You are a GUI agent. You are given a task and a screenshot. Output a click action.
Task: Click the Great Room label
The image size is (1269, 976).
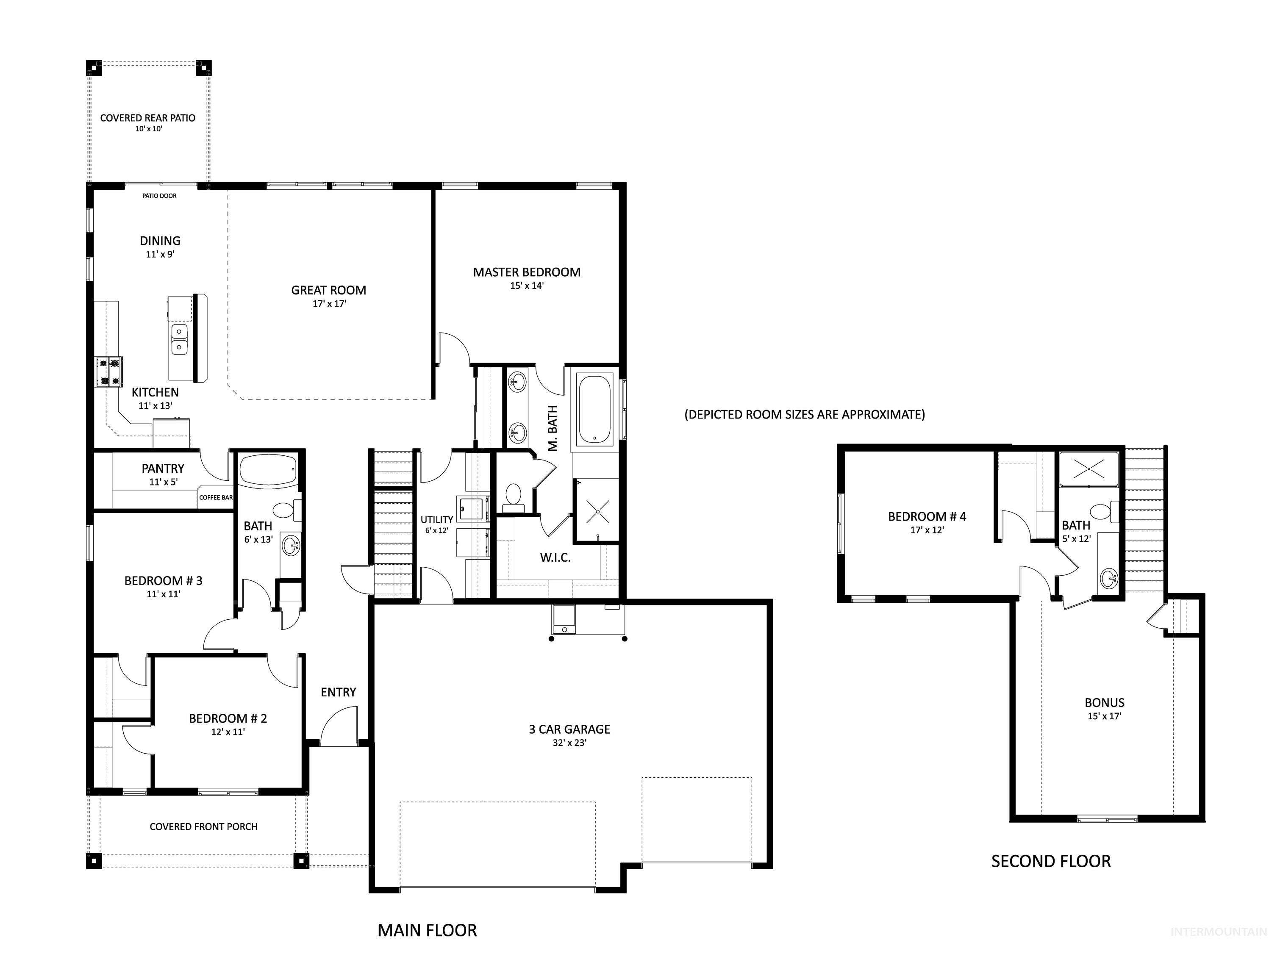[x=328, y=290]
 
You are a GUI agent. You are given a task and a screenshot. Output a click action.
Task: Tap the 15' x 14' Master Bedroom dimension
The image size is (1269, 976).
[x=526, y=286]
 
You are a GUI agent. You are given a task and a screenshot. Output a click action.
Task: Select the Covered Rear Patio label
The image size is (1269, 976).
[x=147, y=118]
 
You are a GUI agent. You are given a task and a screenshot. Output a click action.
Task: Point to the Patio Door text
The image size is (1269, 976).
[x=159, y=196]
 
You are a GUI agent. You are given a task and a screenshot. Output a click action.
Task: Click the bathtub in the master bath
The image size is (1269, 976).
[x=594, y=410]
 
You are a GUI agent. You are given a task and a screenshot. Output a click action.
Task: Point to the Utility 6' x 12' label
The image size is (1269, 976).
[x=436, y=524]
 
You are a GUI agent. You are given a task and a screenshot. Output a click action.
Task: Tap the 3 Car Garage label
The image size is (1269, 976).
[x=569, y=729]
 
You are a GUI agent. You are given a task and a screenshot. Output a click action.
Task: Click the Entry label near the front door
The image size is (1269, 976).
[x=338, y=692]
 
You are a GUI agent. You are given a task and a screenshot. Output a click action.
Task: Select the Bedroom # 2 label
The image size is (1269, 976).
[x=228, y=718]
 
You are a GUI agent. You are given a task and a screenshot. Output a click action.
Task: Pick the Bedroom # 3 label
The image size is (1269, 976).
[x=163, y=580]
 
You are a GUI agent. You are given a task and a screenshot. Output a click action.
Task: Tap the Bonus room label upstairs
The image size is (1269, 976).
[x=1104, y=703]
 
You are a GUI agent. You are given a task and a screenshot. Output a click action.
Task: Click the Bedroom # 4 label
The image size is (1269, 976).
[x=927, y=516]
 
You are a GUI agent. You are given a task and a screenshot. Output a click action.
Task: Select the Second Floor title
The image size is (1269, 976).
[x=1050, y=861]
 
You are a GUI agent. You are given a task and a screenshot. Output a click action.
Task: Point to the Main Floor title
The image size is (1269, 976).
[x=427, y=930]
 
